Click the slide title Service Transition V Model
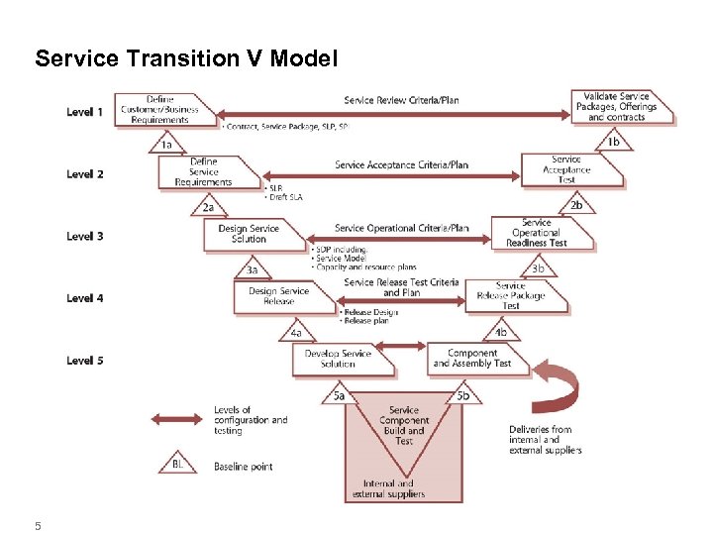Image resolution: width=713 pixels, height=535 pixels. [x=186, y=59]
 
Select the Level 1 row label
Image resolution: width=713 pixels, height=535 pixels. [x=85, y=112]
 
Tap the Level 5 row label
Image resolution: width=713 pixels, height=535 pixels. [x=85, y=361]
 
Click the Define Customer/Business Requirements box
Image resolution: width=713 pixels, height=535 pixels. [x=160, y=110]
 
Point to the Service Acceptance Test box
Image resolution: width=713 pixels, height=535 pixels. [x=568, y=169]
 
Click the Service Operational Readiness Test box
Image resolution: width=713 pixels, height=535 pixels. [x=540, y=233]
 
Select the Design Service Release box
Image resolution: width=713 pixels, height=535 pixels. [x=279, y=295]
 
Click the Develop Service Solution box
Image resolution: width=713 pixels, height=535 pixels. [x=339, y=359]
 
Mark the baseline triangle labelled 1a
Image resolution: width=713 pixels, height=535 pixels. [x=167, y=144]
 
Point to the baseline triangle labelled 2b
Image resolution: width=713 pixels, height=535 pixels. [x=575, y=205]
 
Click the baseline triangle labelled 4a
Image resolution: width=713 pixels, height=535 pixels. [x=296, y=332]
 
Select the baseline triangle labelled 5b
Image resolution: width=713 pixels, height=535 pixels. [x=462, y=395]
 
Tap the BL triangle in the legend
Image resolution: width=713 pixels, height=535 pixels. [x=177, y=463]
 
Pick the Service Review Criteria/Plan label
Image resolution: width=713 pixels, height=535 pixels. [x=401, y=100]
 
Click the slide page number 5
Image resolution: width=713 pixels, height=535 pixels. [x=38, y=526]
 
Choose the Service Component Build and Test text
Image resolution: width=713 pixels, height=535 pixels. [x=404, y=425]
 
